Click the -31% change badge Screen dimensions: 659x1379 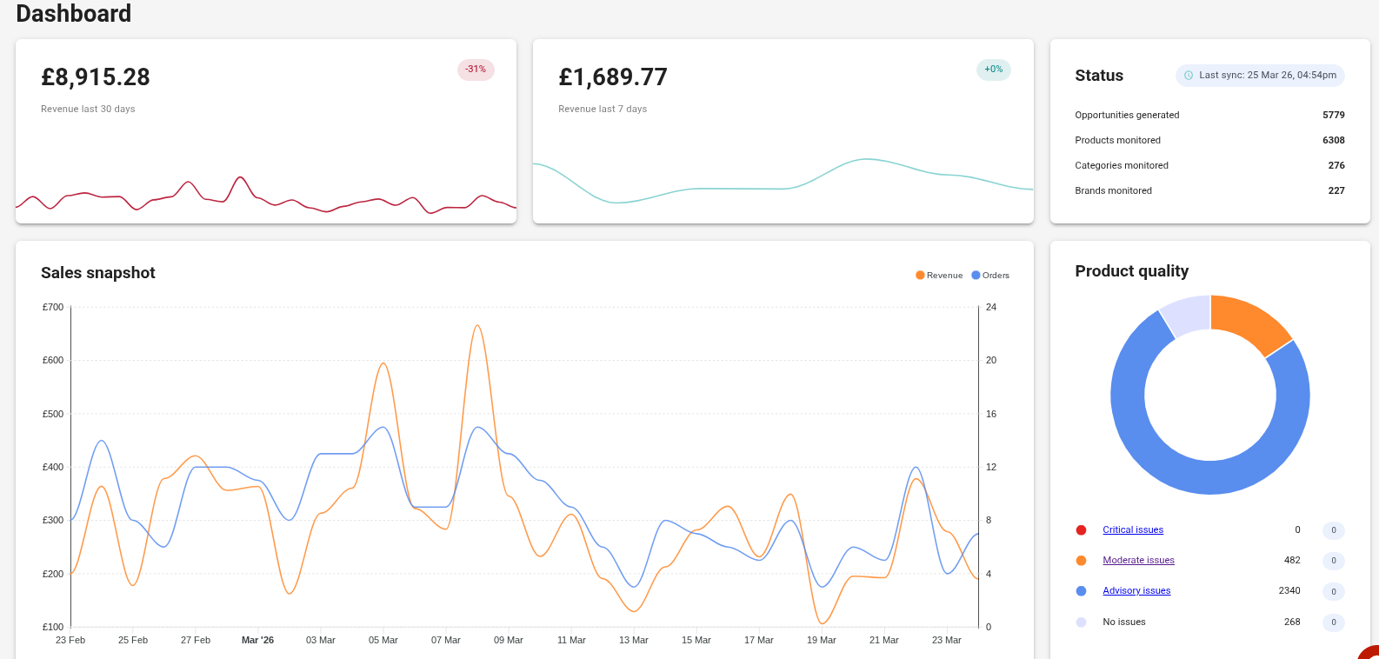click(x=476, y=70)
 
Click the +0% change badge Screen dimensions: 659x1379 click(x=993, y=70)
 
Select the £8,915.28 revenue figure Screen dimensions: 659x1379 click(x=96, y=77)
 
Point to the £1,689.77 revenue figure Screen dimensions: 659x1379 click(x=613, y=77)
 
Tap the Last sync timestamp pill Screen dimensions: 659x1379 click(x=1260, y=76)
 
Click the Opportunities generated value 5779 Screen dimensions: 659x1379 click(x=1333, y=115)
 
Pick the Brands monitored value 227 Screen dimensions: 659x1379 click(x=1336, y=190)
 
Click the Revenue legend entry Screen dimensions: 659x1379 click(x=939, y=276)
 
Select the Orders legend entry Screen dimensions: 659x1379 click(x=990, y=276)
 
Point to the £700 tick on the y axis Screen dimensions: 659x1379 click(x=53, y=307)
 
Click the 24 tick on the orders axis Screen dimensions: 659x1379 click(x=991, y=307)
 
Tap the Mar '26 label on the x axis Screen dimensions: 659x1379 click(x=257, y=640)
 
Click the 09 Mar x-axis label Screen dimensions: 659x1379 click(x=509, y=640)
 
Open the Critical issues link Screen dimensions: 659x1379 click(x=1133, y=530)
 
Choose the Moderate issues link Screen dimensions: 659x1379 click(x=1138, y=561)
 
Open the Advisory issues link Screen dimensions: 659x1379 click(x=1136, y=591)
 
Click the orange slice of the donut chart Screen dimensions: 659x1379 click(x=1249, y=321)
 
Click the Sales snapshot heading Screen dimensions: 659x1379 click(x=98, y=273)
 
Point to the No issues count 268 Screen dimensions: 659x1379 click(x=1292, y=622)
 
